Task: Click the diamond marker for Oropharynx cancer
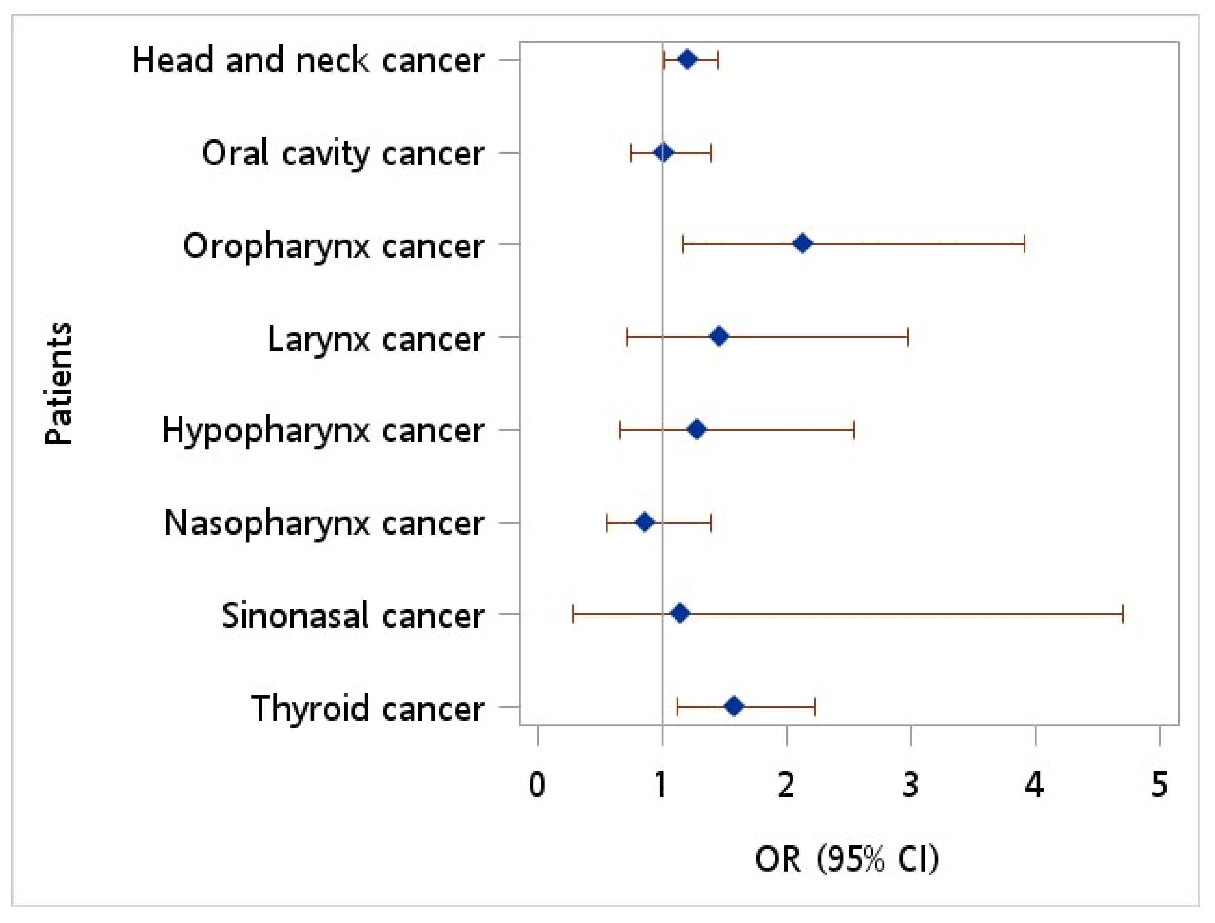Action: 802,243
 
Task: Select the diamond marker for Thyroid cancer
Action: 734,706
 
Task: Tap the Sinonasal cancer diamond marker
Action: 680,613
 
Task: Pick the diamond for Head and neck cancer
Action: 687,59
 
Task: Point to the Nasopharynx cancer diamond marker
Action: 645,522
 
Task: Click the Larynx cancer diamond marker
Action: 719,336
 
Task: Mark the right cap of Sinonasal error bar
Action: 1123,613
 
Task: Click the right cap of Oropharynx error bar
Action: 1024,243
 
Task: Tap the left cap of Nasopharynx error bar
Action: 606,522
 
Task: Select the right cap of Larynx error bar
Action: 907,336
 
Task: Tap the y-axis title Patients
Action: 58,383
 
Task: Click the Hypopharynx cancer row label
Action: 323,431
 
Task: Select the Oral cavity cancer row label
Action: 343,153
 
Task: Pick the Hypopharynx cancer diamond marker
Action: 696,429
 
